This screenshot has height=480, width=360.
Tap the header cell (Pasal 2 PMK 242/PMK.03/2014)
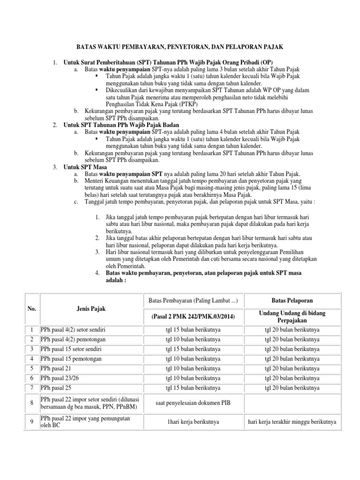194,317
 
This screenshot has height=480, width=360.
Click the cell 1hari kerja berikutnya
194,422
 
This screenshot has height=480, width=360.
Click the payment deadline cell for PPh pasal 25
194,388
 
